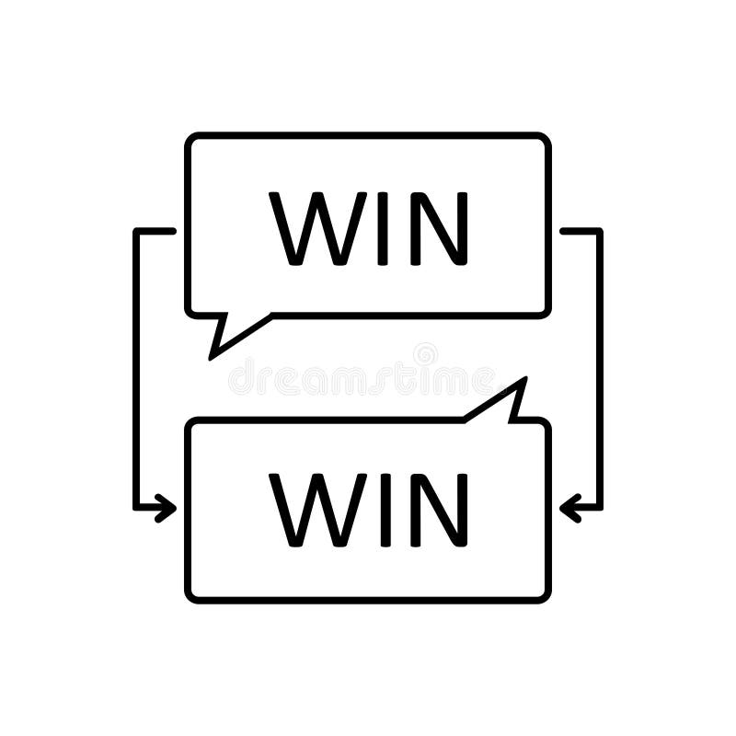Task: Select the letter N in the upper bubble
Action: click(x=439, y=228)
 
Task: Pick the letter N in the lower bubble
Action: click(x=439, y=509)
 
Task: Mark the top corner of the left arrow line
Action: click(x=136, y=231)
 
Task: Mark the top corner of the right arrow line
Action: click(x=600, y=231)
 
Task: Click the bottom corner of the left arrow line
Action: click(x=136, y=508)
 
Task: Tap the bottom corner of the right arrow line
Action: click(x=600, y=508)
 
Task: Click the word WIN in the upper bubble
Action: click(x=369, y=228)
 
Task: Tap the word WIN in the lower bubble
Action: click(x=369, y=509)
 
